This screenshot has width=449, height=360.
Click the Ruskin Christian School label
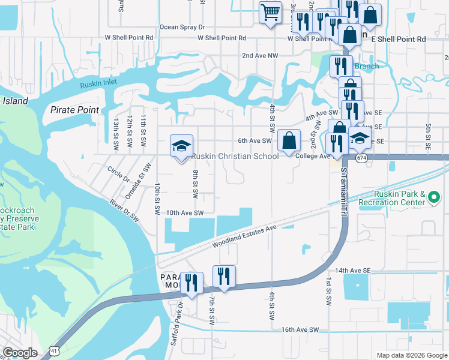pyautogui.click(x=235, y=157)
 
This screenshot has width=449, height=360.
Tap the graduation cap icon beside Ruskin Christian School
pyautogui.click(x=181, y=146)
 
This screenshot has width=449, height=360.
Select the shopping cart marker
pyautogui.click(x=271, y=12)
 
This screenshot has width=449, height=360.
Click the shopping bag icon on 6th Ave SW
pyautogui.click(x=289, y=141)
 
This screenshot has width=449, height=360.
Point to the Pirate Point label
pyautogui.click(x=74, y=110)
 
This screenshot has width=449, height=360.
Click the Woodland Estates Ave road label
pyautogui.click(x=245, y=236)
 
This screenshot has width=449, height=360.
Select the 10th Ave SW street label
pyautogui.click(x=185, y=212)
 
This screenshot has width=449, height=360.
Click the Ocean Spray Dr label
pyautogui.click(x=182, y=27)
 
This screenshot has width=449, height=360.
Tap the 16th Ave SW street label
pyautogui.click(x=300, y=330)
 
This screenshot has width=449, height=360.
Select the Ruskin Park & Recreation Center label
pyautogui.click(x=391, y=198)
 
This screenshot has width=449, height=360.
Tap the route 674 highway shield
pyautogui.click(x=361, y=158)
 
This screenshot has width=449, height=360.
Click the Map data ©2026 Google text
pyautogui.click(x=411, y=355)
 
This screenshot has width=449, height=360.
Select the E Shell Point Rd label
pyautogui.click(x=399, y=39)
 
